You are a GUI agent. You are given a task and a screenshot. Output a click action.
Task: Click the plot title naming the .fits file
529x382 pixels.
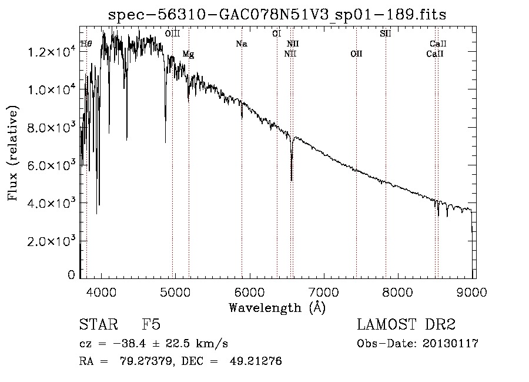point(277,15)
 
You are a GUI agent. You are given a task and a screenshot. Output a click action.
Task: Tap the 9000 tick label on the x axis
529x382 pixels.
point(471,292)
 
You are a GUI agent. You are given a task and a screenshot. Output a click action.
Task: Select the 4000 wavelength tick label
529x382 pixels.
point(102,292)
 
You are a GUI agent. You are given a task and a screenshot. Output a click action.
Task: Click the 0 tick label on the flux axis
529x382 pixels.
point(71,275)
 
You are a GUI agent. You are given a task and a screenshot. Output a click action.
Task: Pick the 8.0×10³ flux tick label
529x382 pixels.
point(51,127)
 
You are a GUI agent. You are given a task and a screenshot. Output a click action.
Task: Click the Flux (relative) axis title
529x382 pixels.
point(13,153)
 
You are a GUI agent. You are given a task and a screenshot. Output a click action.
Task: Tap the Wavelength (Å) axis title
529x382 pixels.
point(277,308)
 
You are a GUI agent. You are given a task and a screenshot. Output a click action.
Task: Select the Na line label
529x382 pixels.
point(242,44)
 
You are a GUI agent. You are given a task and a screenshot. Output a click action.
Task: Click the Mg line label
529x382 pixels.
point(188,54)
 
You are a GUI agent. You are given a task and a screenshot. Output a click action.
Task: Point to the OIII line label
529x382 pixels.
point(172,34)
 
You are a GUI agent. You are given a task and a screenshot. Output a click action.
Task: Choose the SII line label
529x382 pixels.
point(385,34)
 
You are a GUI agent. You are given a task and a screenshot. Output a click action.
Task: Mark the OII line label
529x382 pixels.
point(356,54)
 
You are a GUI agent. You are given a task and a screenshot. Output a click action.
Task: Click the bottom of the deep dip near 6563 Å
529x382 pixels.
point(292,180)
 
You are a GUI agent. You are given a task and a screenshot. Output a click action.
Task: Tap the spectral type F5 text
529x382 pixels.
point(151,324)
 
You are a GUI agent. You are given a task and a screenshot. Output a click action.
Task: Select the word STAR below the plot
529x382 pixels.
point(99,324)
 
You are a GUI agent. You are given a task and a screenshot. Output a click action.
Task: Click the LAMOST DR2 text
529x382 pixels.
point(406,324)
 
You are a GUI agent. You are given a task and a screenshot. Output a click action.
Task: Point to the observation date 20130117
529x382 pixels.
point(450,344)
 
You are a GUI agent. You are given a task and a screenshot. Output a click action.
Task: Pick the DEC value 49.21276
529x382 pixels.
point(256,361)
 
